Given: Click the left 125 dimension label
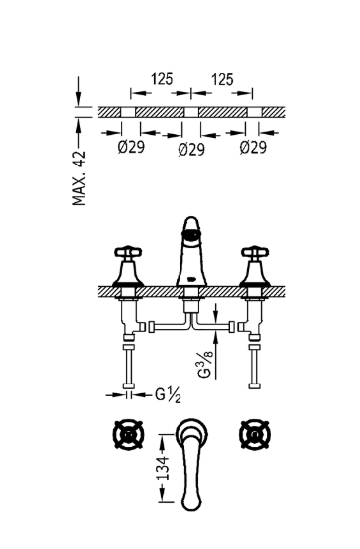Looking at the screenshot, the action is tap(162, 79).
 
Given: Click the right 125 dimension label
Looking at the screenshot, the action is tap(222, 79).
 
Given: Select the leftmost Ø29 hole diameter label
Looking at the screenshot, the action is tap(131, 147).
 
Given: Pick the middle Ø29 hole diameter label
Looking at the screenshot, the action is tap(191, 150).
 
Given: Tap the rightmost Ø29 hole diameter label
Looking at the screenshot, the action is tap(253, 148).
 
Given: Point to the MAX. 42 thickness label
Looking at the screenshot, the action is tap(79, 177).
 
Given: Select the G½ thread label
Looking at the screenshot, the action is tap(169, 395).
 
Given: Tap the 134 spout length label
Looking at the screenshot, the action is tap(163, 468).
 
